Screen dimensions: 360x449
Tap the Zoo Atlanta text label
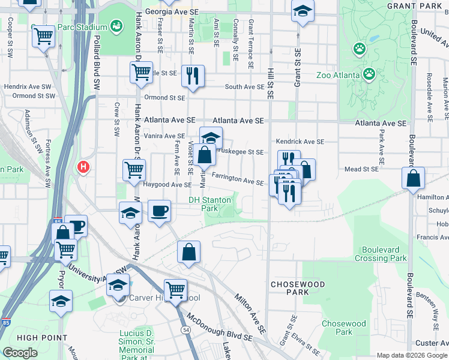click(x=338, y=76)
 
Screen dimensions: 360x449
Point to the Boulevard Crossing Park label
click(x=384, y=254)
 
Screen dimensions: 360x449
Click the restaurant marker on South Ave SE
click(x=193, y=76)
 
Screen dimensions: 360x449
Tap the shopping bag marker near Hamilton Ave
click(x=414, y=178)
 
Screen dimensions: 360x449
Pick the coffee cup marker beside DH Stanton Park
click(x=159, y=211)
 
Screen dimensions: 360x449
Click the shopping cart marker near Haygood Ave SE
click(x=134, y=169)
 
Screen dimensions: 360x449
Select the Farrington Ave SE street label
click(x=237, y=179)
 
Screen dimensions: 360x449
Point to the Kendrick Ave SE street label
click(x=300, y=142)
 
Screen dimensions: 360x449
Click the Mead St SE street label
click(x=361, y=170)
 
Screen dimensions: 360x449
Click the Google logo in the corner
click(x=19, y=353)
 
